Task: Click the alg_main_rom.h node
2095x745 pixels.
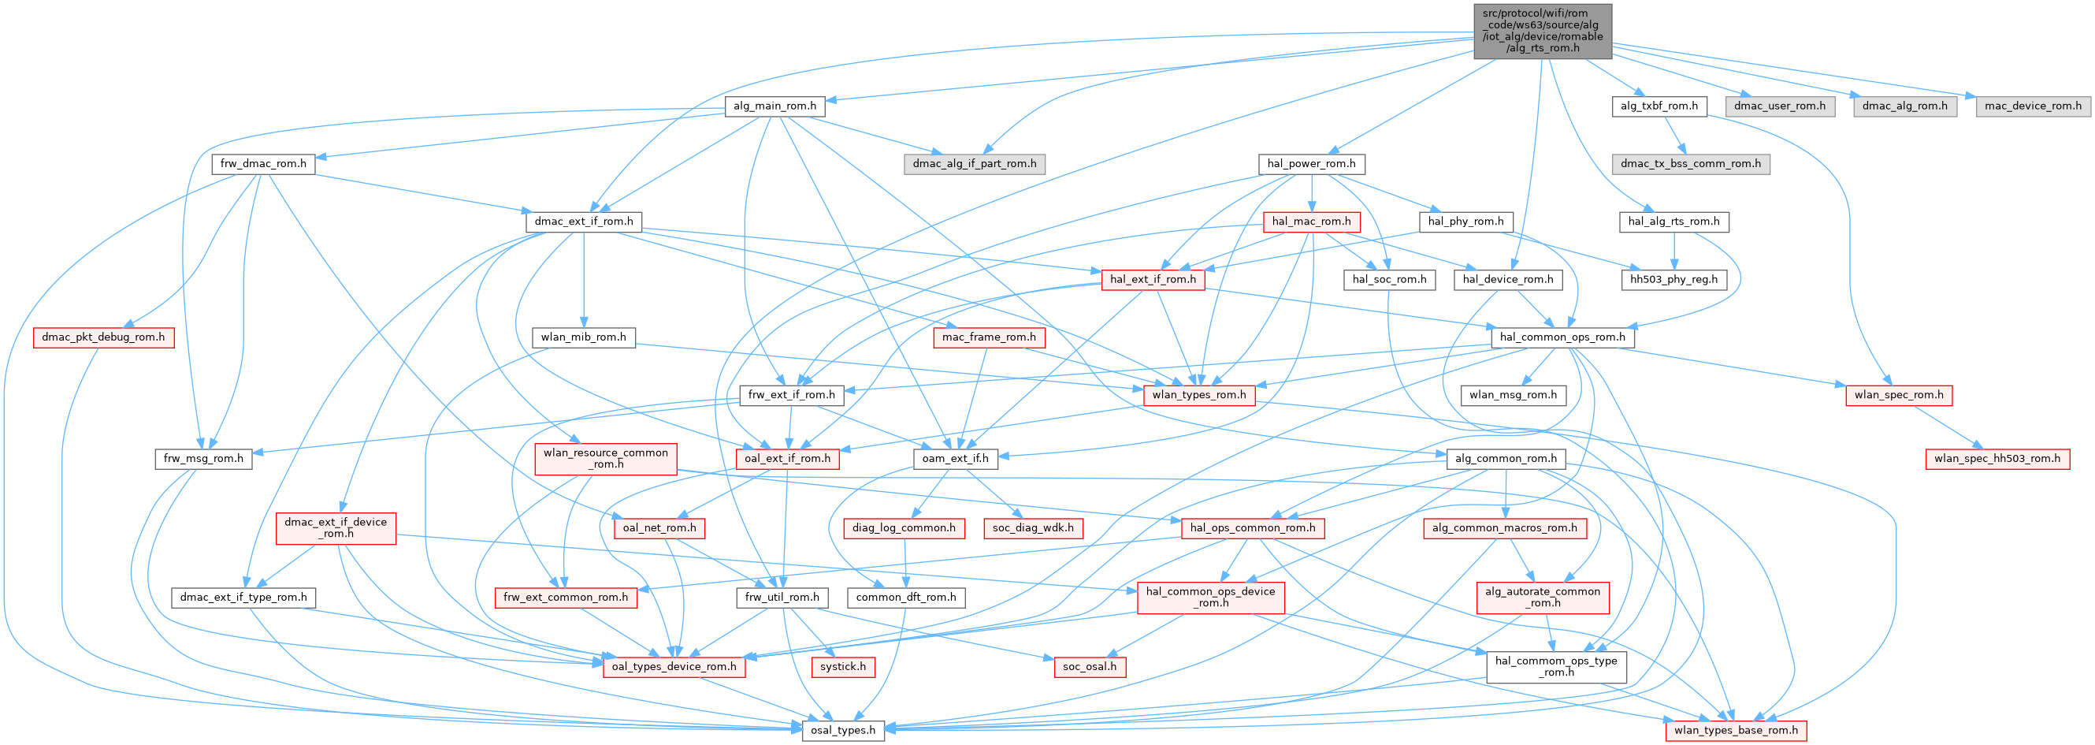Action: coord(774,106)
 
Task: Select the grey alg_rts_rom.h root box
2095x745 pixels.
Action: coord(1542,31)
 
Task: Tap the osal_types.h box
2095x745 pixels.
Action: coord(842,730)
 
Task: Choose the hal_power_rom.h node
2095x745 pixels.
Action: coord(1311,164)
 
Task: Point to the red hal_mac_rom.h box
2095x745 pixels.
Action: coord(1311,222)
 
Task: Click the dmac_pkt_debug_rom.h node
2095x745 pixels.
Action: coord(103,337)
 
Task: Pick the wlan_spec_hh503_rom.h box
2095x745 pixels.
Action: coord(1997,459)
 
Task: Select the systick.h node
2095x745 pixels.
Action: coord(842,667)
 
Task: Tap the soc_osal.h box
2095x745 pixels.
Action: coord(1090,667)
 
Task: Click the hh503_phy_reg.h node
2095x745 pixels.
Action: coord(1673,280)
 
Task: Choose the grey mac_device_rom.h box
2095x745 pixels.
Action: coord(2033,106)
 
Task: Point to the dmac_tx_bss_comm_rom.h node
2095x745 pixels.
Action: coord(1690,164)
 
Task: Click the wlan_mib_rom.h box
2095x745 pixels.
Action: coord(583,337)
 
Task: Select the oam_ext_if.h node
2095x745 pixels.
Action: coord(955,459)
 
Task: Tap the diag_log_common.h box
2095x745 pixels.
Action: coord(904,529)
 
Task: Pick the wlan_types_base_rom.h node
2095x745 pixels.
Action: coord(1737,730)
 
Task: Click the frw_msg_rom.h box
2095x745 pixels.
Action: coord(203,459)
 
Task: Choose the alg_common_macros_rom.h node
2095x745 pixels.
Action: coord(1504,529)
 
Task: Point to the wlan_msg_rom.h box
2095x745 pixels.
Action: coord(1513,395)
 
